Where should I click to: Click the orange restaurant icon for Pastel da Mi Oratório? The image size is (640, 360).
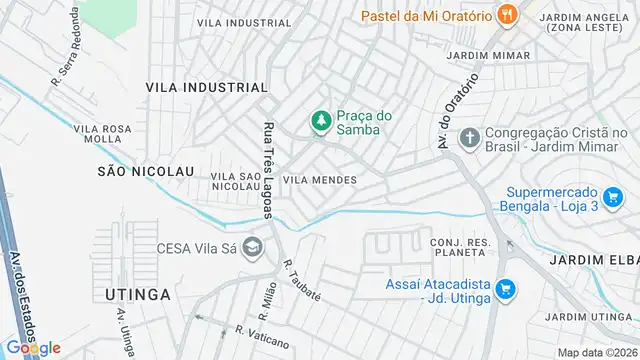tap(508, 15)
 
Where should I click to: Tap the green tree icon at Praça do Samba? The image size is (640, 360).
tap(321, 122)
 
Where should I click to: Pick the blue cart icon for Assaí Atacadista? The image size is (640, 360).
tap(505, 289)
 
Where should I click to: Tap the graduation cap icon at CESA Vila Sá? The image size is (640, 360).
tap(254, 246)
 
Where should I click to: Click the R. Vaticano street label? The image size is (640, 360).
tap(260, 336)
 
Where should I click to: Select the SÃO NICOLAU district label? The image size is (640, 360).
tap(145, 171)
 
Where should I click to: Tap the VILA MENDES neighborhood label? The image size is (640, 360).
tap(320, 180)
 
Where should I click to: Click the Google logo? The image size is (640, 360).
tap(34, 347)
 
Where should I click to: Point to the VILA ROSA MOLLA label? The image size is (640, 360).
tap(104, 134)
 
